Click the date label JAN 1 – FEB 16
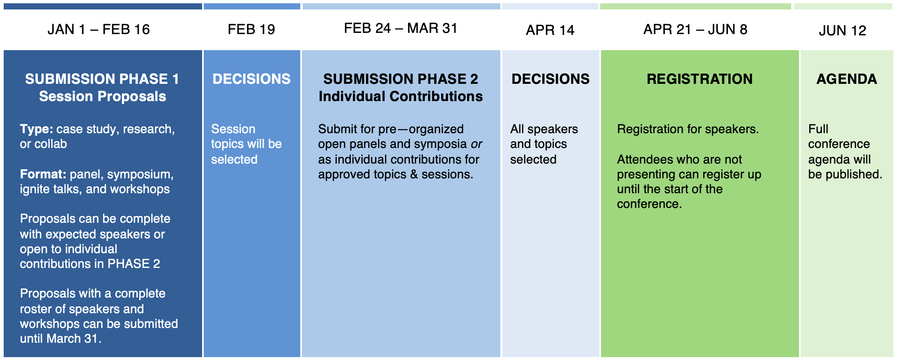tap(99, 30)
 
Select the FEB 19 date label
tap(251, 30)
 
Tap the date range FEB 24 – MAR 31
tap(401, 28)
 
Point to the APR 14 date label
tap(550, 30)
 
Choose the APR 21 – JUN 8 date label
tap(695, 30)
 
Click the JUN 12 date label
tap(843, 30)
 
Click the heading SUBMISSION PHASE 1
tap(102, 79)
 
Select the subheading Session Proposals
tap(103, 96)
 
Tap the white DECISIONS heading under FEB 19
tap(251, 79)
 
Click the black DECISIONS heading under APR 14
tap(550, 79)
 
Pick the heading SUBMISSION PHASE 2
tap(401, 79)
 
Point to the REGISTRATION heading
tap(700, 79)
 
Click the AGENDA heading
tap(847, 79)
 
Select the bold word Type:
tap(37, 129)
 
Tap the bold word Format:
tap(43, 174)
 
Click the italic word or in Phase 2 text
tap(477, 144)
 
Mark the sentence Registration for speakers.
tap(688, 129)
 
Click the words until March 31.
tap(61, 339)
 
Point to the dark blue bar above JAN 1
tap(103, 7)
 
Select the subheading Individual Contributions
tap(401, 96)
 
